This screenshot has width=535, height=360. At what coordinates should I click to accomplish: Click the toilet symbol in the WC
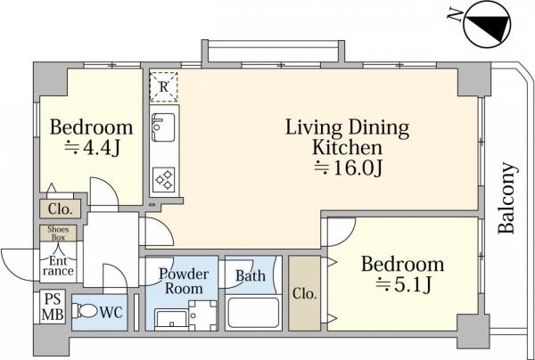(84, 311)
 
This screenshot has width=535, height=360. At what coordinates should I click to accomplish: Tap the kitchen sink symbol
(163, 127)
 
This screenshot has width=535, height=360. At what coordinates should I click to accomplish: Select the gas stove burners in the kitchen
(164, 180)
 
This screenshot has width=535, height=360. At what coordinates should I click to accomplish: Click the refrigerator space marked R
(164, 87)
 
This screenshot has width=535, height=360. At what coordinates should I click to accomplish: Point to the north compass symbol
(487, 25)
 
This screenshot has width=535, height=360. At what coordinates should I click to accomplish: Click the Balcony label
(506, 198)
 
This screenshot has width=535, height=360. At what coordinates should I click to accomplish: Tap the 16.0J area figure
(348, 168)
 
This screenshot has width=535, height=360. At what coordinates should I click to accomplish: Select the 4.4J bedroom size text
(92, 148)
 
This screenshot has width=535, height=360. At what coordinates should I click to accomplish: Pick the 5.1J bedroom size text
(404, 284)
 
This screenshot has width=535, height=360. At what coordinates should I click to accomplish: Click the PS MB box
(53, 307)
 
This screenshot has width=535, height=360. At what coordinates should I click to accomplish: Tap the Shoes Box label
(58, 233)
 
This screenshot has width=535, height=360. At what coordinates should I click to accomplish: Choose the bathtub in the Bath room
(253, 313)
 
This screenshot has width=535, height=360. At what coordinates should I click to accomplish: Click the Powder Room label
(184, 282)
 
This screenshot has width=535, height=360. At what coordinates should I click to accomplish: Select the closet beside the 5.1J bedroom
(304, 293)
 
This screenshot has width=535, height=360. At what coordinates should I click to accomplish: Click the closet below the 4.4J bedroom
(60, 209)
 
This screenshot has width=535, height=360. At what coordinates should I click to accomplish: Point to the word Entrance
(58, 266)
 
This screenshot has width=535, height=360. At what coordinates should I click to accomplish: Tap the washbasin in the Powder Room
(171, 319)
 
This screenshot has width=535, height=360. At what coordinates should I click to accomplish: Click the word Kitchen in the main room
(347, 147)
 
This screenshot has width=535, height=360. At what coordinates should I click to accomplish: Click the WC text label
(111, 312)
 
